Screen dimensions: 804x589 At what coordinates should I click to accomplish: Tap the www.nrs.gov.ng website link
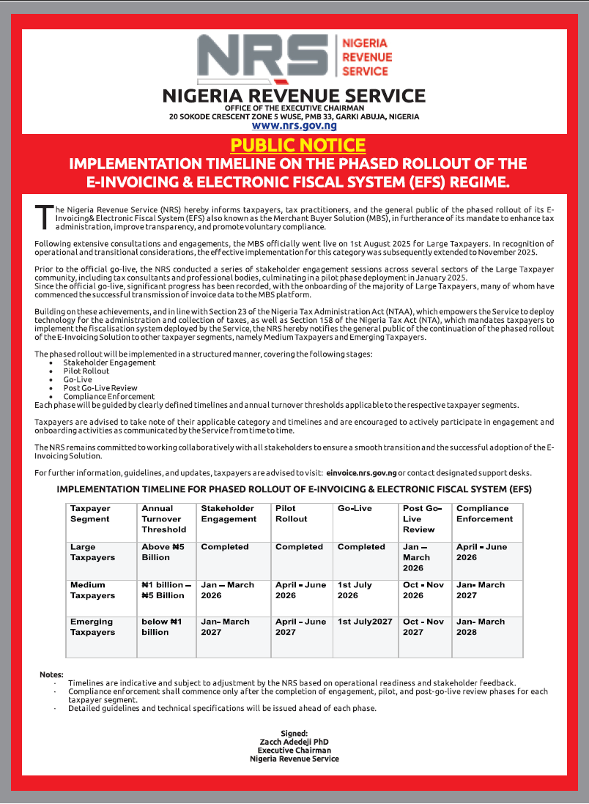point(294,125)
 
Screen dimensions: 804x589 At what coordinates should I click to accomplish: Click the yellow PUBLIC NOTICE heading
point(297,145)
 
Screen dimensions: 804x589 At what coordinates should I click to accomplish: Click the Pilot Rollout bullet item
point(86,371)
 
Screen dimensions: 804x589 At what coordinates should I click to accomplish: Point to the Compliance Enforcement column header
point(484,513)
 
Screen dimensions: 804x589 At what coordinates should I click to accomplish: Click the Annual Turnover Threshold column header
point(163,518)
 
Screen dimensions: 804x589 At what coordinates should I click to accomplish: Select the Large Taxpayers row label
point(92,552)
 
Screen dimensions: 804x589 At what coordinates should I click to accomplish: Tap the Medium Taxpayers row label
point(92,590)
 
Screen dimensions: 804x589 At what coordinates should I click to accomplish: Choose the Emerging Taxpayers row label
point(92,627)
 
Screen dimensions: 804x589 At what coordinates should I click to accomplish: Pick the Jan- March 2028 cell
point(481,627)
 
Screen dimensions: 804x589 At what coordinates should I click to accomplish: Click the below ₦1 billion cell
point(162,627)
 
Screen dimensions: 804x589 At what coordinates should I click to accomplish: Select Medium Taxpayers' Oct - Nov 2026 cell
point(423,590)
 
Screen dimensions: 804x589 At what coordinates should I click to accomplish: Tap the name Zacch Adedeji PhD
point(294,742)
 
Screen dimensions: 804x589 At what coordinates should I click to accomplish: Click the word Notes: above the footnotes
point(52,674)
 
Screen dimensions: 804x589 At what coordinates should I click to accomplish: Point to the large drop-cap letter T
point(44,216)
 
